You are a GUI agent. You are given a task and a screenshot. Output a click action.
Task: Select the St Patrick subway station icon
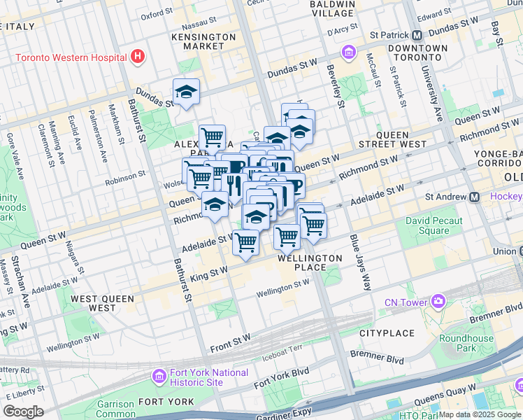[x=417, y=34]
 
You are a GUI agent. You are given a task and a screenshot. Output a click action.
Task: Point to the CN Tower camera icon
[x=438, y=302]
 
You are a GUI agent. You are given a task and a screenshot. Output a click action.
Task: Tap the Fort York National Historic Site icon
[x=159, y=377]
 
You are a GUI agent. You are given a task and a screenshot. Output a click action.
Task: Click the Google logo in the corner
[x=23, y=412]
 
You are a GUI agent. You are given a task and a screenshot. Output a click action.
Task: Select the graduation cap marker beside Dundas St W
[x=186, y=92]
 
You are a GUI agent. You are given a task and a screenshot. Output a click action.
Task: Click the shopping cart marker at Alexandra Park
[x=212, y=136]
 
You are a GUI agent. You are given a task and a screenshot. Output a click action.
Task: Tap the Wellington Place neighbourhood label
[x=310, y=262]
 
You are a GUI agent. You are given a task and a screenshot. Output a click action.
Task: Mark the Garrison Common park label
[x=115, y=409]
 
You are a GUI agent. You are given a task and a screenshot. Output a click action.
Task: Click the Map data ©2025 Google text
[x=479, y=414]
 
